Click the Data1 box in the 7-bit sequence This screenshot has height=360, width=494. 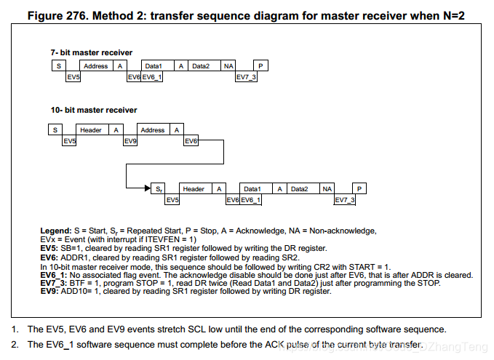154,66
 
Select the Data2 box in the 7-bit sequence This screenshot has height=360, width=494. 201,66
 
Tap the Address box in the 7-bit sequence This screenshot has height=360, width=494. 95,66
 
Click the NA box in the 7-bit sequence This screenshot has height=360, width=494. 228,66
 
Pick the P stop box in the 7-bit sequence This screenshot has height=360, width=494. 260,66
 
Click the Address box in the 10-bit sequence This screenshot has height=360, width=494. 153,130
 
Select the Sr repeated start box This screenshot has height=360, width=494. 159,189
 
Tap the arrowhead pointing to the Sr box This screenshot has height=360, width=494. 148,189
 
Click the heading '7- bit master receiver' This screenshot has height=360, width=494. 91,52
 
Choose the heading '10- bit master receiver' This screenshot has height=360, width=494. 93,111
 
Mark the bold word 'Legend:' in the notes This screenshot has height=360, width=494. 56,231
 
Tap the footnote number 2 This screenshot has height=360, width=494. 14,344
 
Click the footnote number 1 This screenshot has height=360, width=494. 14,329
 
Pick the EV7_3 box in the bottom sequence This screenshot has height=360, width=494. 345,200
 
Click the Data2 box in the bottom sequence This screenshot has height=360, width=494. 299,189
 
